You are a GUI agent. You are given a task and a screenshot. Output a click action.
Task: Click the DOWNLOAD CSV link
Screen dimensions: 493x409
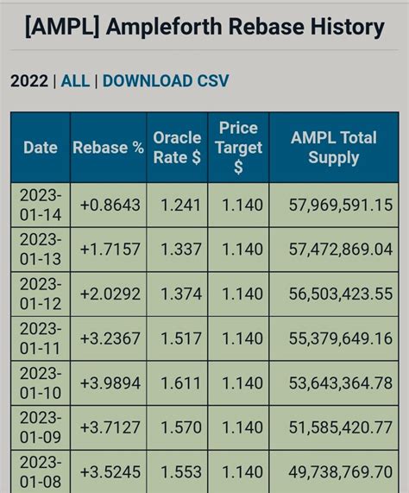[166, 81]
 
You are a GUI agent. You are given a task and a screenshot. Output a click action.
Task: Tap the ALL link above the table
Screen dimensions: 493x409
[75, 81]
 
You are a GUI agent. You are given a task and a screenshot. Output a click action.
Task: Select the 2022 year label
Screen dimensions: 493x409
[29, 81]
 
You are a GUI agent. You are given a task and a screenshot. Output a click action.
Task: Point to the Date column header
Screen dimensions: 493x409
[40, 148]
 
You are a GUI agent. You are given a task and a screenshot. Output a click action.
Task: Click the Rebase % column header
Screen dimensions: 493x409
[108, 148]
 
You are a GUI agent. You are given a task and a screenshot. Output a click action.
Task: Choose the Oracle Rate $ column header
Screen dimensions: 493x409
[177, 148]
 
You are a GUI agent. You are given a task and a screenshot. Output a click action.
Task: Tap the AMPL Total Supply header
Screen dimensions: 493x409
[333, 148]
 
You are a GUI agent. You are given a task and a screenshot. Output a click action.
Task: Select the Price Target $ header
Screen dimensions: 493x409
[238, 148]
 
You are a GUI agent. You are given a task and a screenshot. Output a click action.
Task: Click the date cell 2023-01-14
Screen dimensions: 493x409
[40, 205]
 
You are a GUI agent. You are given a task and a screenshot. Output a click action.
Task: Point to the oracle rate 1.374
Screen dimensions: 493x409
[180, 294]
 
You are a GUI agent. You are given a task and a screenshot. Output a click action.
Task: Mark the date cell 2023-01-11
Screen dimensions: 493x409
[40, 339]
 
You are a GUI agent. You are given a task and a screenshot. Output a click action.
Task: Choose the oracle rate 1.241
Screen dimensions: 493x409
[180, 205]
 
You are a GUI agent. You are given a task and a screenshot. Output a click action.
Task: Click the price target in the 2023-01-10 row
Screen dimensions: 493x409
[242, 383]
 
